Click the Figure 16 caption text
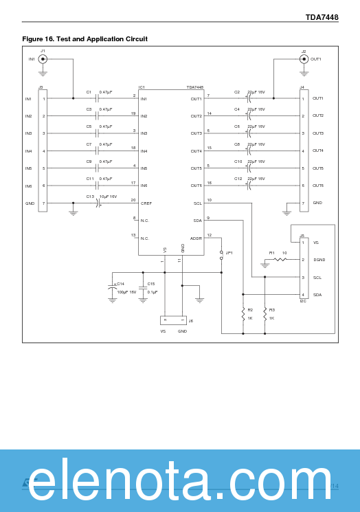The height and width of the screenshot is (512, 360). pyautogui.click(x=85, y=39)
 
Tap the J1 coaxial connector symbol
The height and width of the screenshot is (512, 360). pyautogui.click(x=43, y=59)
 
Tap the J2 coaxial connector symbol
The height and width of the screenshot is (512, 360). pyautogui.click(x=304, y=59)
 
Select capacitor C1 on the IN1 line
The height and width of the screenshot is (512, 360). pyautogui.click(x=98, y=98)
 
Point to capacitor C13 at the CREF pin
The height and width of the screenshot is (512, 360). pyautogui.click(x=98, y=203)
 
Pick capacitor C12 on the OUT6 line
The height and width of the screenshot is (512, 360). pyautogui.click(x=251, y=186)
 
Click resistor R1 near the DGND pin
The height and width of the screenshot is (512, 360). pyautogui.click(x=280, y=260)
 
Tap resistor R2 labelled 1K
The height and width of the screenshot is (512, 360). pyautogui.click(x=243, y=314)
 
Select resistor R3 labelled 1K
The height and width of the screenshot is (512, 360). pyautogui.click(x=265, y=314)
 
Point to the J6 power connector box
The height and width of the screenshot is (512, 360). pyautogui.click(x=172, y=320)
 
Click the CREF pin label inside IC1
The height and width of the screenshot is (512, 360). pyautogui.click(x=146, y=203)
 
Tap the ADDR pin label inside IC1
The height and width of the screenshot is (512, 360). pyautogui.click(x=196, y=238)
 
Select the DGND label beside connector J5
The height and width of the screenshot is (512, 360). pyautogui.click(x=319, y=260)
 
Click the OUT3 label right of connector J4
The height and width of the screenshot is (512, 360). pyautogui.click(x=318, y=133)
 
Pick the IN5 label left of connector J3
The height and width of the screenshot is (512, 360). pyautogui.click(x=29, y=168)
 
